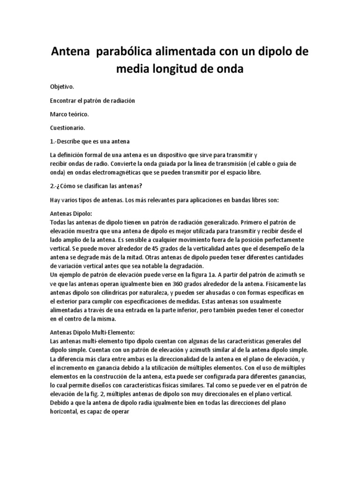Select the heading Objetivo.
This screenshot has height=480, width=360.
click(62, 87)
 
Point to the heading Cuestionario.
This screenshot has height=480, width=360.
click(67, 127)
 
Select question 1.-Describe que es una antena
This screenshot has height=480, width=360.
click(89, 141)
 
